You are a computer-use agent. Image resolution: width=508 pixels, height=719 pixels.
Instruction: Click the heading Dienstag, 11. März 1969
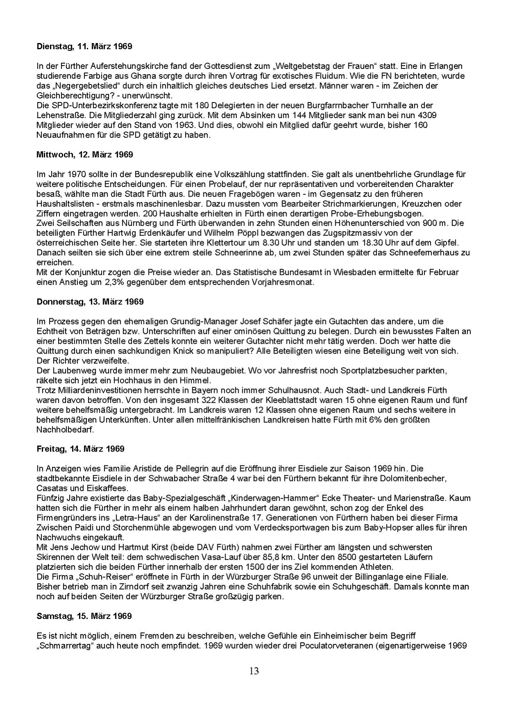point(84,46)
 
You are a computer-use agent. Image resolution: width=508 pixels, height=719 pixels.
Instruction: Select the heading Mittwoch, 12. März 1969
point(84,155)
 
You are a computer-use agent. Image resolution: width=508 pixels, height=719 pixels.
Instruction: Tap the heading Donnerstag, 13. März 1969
point(90,302)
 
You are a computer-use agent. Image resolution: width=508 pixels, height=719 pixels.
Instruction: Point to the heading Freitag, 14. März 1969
point(80,449)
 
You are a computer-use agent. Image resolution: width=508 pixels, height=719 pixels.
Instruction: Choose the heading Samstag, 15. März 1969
point(84,616)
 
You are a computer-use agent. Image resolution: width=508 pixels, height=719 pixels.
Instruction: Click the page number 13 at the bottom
point(254,671)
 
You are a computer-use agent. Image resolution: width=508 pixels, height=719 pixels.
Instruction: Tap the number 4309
point(428,115)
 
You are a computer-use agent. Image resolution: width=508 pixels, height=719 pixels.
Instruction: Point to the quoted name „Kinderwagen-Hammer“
point(273,498)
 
